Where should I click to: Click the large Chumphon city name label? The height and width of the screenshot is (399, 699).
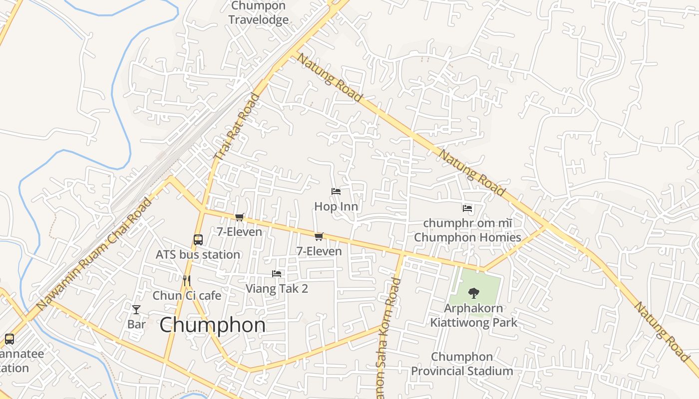point(213,325)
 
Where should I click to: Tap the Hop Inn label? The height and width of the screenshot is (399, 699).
point(336,206)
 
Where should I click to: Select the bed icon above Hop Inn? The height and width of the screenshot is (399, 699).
point(336,192)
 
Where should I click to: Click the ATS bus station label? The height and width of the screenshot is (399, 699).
point(198,254)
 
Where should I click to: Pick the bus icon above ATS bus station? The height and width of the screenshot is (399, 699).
point(198,240)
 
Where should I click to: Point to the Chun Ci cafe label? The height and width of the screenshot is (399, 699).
point(187,295)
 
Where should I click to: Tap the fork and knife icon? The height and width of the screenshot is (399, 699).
point(187,281)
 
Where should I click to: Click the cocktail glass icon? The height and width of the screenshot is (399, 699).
point(136,310)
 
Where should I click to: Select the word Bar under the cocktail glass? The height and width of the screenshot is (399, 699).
point(136,324)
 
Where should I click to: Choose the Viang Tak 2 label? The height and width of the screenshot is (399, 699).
point(277,288)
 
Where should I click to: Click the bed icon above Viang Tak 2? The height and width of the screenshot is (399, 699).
point(277,274)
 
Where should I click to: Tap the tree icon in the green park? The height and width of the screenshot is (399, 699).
point(473,293)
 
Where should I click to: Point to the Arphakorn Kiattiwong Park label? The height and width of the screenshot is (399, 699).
point(474,315)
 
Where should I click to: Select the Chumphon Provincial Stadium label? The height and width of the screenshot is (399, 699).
point(462,364)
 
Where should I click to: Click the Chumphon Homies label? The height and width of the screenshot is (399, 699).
point(467,237)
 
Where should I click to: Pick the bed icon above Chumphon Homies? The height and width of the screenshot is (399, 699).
point(467,208)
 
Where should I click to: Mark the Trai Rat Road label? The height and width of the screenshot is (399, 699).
point(238,127)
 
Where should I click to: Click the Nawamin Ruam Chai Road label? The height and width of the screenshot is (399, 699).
point(94,253)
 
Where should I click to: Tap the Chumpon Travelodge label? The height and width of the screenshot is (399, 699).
point(259,13)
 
